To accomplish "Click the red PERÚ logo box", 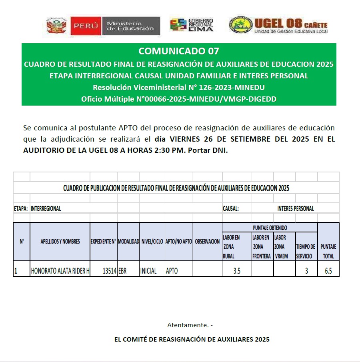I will coord(86,26).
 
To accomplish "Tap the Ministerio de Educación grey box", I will coord(130,26).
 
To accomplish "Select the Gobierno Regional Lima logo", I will coord(192,25).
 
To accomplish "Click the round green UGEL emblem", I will coord(241,25).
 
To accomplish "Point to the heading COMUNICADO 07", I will coord(179,51).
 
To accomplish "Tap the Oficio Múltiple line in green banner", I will coord(179,99).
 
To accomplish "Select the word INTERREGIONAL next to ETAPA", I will coord(46,208).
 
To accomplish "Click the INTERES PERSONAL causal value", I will coord(295,208).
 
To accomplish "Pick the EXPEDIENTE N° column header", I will coord(103,242).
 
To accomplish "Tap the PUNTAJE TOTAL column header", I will coord(328,251).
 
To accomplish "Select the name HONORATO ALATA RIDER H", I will coord(60,271).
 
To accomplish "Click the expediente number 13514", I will coord(109,271).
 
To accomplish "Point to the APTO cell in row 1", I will coord(172,271).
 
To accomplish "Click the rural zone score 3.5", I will coord(237,271).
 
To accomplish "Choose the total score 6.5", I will coord(328,271).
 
